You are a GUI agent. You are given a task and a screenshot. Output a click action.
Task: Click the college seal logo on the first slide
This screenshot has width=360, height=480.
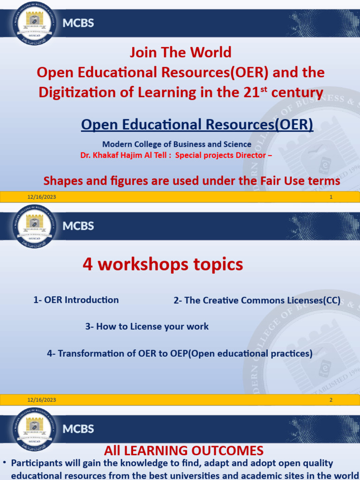tap(34, 22)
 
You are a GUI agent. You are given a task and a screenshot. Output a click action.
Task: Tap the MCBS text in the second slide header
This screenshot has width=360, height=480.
tap(78, 226)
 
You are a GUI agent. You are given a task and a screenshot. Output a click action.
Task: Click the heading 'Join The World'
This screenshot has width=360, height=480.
tap(180, 52)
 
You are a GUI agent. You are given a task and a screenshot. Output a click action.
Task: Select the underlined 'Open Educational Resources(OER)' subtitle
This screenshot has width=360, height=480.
tap(197, 125)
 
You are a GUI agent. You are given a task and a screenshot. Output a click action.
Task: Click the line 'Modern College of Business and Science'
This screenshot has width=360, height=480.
tap(177, 144)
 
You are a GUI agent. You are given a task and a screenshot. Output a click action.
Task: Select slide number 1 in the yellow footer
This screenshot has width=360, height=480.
tap(331, 197)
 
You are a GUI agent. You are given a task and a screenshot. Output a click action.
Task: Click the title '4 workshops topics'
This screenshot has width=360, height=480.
tap(163, 265)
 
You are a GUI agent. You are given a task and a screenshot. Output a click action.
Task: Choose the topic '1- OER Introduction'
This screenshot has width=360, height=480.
tap(76, 300)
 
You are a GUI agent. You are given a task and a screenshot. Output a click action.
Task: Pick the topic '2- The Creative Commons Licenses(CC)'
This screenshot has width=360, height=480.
tap(257, 301)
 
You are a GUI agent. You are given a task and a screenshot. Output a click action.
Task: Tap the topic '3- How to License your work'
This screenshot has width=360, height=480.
tap(147, 326)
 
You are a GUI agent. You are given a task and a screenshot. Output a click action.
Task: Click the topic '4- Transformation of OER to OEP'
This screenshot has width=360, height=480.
tap(180, 353)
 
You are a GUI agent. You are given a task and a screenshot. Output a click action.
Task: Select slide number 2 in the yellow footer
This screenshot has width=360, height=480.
tap(331, 400)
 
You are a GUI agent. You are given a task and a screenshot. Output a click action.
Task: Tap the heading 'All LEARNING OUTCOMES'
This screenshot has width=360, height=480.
tap(183, 451)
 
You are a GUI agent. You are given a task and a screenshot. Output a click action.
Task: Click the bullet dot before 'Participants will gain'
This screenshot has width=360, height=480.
tap(5, 463)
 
